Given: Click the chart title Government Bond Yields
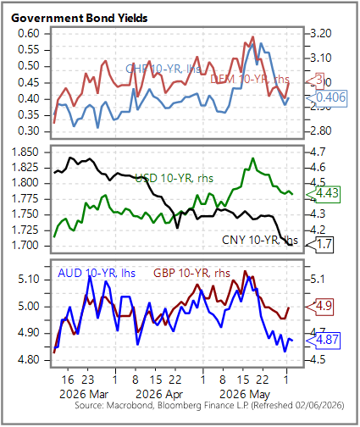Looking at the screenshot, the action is [80, 18].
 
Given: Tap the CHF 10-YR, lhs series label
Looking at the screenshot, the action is [163, 69].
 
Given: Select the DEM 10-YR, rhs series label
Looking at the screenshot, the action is [250, 79].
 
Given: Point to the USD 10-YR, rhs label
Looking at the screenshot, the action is [174, 178].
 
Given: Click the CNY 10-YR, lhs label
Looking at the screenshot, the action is [260, 240].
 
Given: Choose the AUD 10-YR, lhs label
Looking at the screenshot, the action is [97, 273].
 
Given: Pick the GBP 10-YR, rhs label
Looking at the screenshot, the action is [191, 273].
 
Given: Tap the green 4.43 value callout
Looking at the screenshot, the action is [324, 194].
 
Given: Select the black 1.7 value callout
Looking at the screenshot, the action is [320, 244].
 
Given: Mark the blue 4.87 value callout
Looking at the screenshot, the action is [324, 340].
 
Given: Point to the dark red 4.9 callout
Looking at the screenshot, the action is [320, 307].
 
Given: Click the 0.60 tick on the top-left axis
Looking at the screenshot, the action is [29, 34].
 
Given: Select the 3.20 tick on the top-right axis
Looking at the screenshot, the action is [321, 34].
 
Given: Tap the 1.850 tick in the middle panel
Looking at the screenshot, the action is [25, 152].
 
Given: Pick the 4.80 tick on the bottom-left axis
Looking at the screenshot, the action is [29, 360].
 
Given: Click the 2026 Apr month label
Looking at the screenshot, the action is [159, 394].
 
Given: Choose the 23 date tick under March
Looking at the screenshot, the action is [88, 380].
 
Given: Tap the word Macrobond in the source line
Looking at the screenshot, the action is [130, 406].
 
